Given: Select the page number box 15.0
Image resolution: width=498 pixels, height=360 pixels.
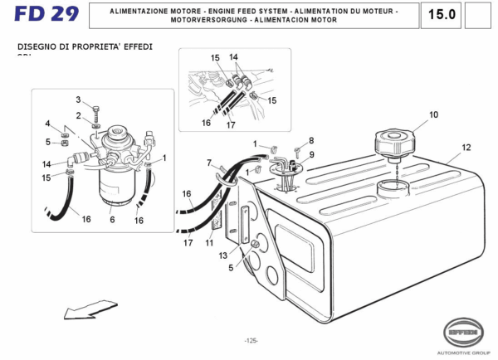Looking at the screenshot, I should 442,15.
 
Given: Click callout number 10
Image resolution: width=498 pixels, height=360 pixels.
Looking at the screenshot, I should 432,115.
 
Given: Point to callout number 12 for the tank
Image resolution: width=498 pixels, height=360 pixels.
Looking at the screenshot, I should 466,148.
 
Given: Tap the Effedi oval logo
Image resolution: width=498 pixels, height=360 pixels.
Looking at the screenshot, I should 462,332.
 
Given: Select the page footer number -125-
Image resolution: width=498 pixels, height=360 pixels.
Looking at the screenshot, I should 251,340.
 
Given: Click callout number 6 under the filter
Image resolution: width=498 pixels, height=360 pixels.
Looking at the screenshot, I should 111,220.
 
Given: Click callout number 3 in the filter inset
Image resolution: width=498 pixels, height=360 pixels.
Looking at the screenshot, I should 78,100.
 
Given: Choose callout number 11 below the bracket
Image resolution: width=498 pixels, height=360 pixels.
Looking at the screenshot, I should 209,243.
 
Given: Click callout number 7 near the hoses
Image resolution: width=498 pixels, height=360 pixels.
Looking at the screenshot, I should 209,163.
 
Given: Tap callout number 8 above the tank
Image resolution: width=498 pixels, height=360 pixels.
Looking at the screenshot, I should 311,141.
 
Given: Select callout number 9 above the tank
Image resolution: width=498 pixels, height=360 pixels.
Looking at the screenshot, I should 311,154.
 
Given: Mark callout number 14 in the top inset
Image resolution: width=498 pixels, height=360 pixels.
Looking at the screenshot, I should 234,57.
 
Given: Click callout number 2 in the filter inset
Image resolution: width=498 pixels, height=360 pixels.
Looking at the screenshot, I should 78,115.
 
